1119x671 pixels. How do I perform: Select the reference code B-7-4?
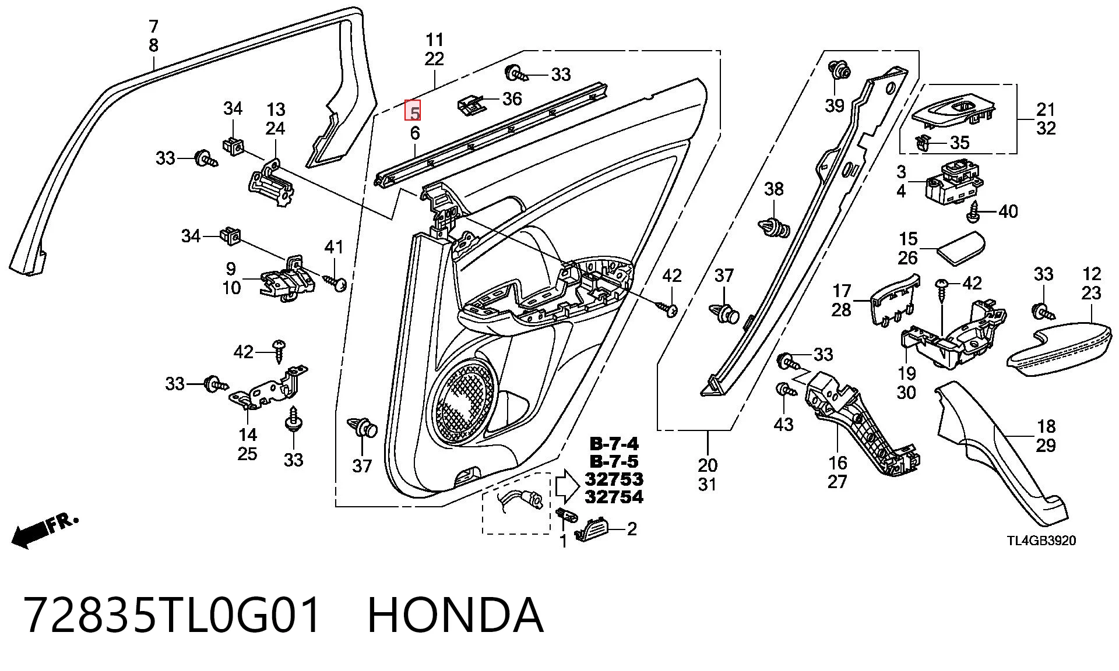tap(614, 444)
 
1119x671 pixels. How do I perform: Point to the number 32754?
tap(614, 497)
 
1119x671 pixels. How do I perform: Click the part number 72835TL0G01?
tap(173, 615)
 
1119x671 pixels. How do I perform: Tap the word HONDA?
tap(455, 615)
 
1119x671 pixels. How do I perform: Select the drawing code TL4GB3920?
tap(1041, 541)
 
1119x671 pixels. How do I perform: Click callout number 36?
tap(512, 98)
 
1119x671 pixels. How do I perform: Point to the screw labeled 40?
tap(973, 212)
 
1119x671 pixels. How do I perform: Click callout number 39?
tap(835, 105)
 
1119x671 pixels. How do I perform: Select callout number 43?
tap(783, 424)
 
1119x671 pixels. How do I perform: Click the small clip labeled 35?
tap(923, 142)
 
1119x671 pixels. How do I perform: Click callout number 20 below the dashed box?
tap(708, 465)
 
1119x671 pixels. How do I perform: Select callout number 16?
tap(837, 463)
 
